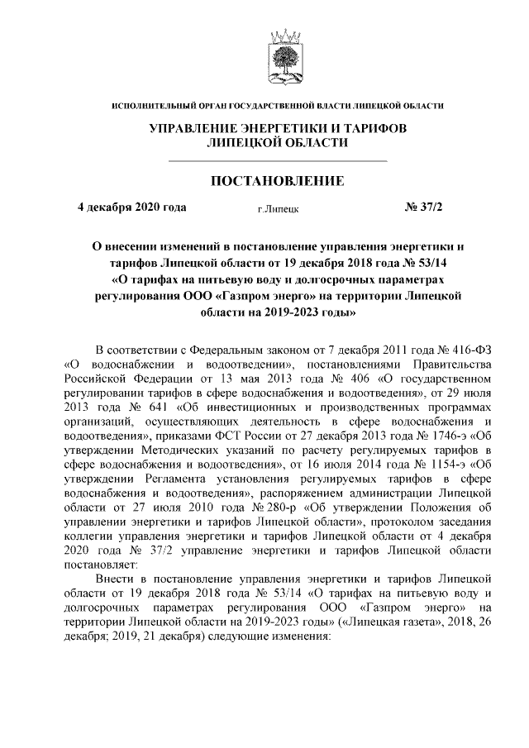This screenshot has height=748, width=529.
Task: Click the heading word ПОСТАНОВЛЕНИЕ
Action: pos(279,179)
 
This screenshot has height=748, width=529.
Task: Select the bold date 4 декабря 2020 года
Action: pos(131,207)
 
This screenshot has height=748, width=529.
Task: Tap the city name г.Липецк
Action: pos(278,208)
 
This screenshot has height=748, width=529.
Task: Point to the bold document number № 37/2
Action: pos(424,207)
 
